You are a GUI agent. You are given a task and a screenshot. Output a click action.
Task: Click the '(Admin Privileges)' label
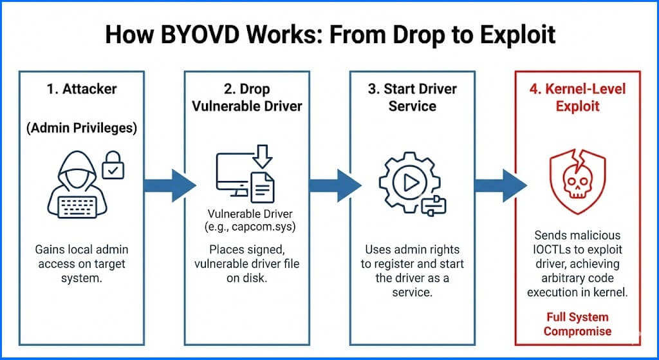click(x=82, y=128)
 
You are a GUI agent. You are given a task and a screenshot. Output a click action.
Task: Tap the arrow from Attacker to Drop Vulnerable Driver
click(x=169, y=185)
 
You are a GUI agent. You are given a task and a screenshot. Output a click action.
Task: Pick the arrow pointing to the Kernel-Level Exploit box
click(x=500, y=185)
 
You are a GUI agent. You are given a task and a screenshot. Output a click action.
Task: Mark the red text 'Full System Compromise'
click(x=577, y=324)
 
